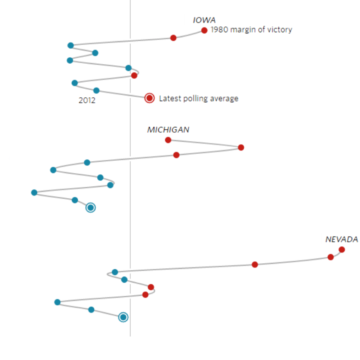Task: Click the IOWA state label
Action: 204,20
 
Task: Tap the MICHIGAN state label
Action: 168,130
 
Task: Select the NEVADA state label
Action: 341,239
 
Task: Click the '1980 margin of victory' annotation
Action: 251,30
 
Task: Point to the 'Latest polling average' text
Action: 199,98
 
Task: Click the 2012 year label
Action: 87,101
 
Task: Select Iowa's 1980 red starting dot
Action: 204,31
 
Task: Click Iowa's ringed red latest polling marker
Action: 149,98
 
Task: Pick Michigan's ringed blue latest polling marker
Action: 91,208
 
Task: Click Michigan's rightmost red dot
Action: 241,148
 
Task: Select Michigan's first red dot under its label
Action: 168,140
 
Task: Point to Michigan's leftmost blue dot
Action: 34,193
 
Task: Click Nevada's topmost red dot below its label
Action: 342,250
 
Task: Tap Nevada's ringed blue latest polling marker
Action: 123,317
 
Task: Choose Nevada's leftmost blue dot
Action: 57,302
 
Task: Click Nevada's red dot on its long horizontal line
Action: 255,264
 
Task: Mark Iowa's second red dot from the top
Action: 173,38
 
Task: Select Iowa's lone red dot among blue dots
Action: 134,76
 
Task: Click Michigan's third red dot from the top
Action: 176,155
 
